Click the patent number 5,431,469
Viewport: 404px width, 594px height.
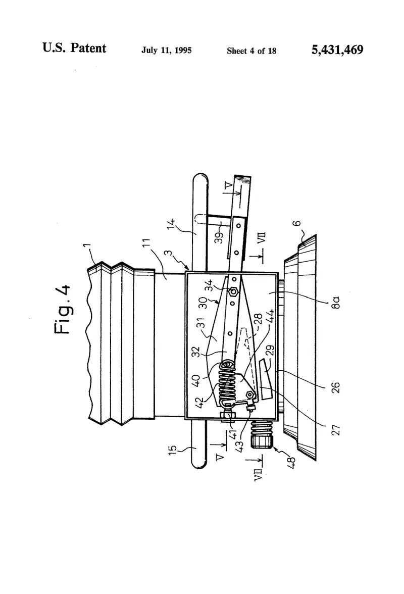[337, 49]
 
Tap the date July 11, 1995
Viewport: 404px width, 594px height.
[167, 50]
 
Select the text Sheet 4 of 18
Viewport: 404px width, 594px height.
[251, 51]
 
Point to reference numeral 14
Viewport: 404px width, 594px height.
[172, 223]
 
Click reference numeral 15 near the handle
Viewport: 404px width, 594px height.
[173, 450]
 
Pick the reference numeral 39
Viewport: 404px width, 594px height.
[219, 237]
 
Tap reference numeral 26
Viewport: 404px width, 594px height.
[336, 387]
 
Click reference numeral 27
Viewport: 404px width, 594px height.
[336, 430]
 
